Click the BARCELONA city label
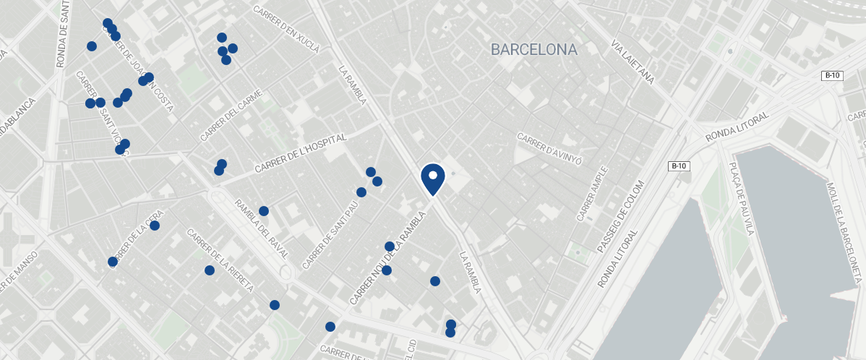[533, 50]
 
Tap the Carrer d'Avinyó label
[549, 147]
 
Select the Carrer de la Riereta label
[220, 260]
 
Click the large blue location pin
[432, 179]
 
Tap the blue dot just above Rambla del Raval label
[264, 211]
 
